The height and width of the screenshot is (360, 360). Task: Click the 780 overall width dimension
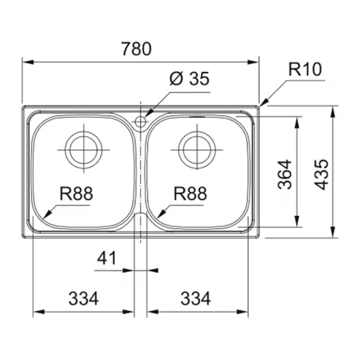pos(136,49)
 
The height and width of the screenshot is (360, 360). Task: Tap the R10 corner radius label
pos(305,69)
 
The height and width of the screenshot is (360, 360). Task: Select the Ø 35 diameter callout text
pos(189,78)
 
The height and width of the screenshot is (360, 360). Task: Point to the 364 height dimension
pos(285,175)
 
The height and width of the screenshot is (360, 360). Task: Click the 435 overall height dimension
pos(321,175)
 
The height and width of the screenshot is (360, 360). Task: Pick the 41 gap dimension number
pos(107,258)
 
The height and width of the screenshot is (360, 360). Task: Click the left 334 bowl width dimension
pos(84,298)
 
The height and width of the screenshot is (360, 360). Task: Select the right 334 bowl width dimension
pos(195,298)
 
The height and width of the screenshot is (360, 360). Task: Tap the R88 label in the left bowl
pos(76,193)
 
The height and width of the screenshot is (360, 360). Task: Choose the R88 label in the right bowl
pos(190,193)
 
